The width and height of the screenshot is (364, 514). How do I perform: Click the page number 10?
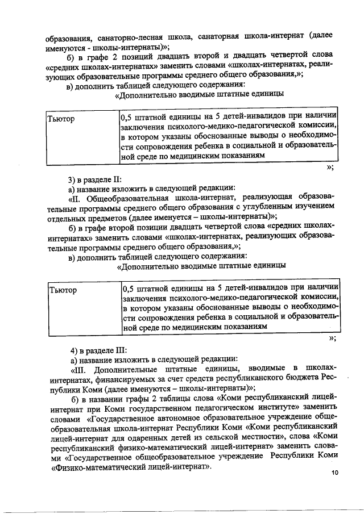334,473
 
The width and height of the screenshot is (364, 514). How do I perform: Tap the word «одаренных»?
175,436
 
